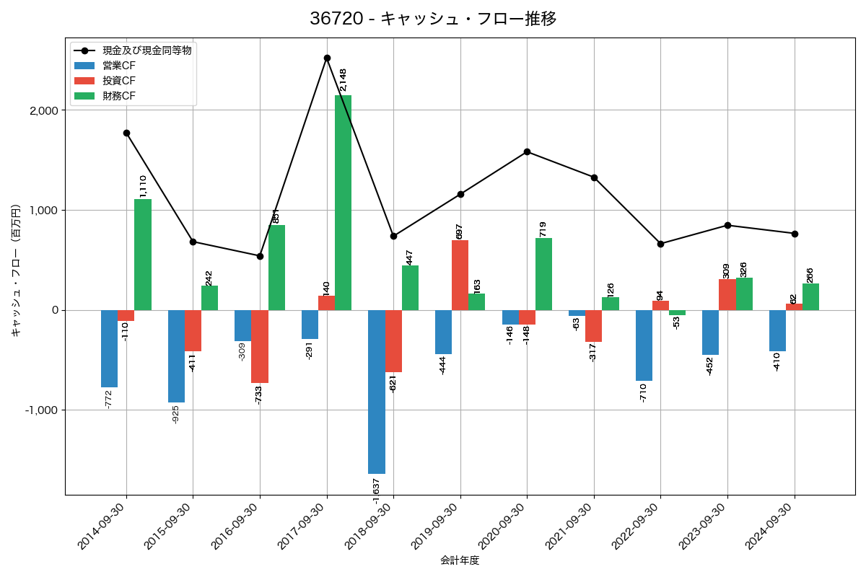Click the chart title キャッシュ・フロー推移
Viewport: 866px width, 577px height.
tap(433, 19)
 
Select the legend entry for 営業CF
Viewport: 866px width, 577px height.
tap(119, 66)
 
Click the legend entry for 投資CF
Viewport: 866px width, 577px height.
tap(119, 81)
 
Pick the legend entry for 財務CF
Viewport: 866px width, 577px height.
tap(119, 96)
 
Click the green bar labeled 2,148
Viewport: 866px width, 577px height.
tap(344, 203)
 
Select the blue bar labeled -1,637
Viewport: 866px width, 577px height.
tap(377, 392)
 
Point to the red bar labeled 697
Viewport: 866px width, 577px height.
tap(460, 275)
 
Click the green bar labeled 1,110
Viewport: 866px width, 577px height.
tap(143, 255)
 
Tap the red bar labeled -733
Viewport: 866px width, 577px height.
tap(260, 346)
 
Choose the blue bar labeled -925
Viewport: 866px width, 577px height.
tap(176, 356)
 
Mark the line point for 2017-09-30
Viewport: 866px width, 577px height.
tap(327, 58)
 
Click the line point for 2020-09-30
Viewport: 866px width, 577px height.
tap(528, 151)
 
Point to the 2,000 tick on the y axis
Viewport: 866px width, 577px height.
tap(45, 110)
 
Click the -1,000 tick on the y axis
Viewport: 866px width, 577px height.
tap(43, 410)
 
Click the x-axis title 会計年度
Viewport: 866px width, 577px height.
tap(460, 560)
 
